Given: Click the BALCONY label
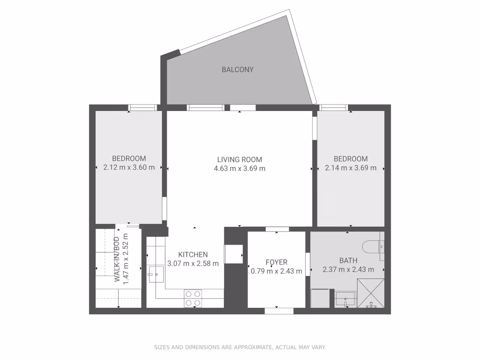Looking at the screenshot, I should (x=237, y=69).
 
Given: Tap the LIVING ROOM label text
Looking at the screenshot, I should (x=240, y=159).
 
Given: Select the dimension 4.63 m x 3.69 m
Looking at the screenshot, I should (x=240, y=169).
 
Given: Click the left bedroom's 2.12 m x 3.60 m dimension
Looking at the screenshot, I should (x=129, y=168).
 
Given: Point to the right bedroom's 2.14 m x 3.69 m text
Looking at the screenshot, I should (x=351, y=168).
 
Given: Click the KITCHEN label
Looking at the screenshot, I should (x=193, y=254).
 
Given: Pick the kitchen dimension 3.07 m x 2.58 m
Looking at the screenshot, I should (x=193, y=264).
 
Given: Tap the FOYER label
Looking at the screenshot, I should (x=276, y=262).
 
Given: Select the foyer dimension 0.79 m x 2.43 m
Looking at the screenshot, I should (x=276, y=271).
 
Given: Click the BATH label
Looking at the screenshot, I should (x=348, y=260).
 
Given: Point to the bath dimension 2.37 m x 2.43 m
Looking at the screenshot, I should (x=348, y=269).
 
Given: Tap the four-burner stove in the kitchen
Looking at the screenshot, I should (x=193, y=298).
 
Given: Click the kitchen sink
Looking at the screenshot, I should (x=155, y=274).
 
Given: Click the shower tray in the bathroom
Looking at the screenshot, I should (x=370, y=294).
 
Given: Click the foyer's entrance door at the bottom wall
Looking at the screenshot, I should (x=279, y=311).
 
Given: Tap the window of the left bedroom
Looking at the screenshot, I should (x=142, y=108).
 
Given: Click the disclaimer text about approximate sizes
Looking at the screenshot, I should (x=240, y=348).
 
